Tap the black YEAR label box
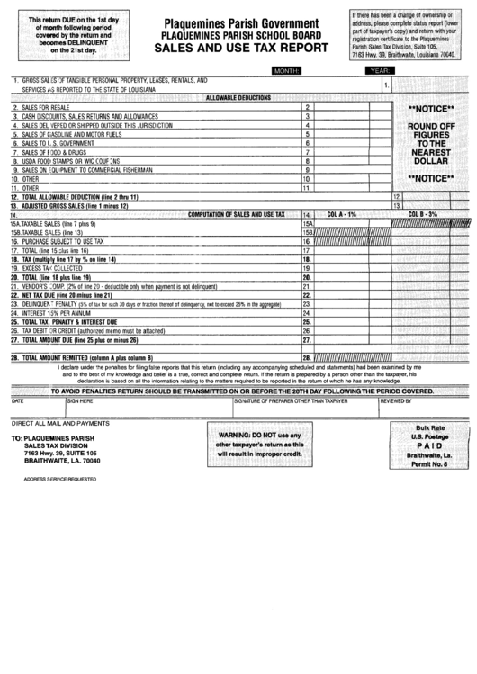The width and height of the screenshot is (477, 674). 379,69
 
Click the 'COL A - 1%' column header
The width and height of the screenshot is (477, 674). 343,214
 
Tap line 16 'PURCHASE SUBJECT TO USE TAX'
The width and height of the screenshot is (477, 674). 64,241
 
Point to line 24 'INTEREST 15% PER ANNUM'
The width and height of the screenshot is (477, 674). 59,312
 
